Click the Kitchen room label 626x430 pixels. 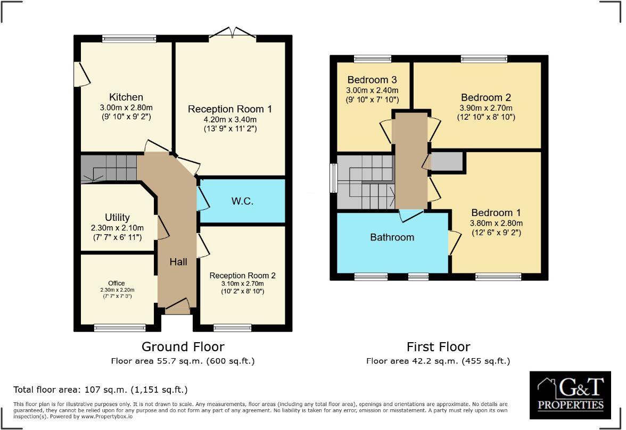click(x=126, y=97)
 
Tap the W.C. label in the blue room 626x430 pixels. click(x=242, y=201)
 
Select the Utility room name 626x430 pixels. click(x=117, y=217)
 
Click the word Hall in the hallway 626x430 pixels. click(x=178, y=261)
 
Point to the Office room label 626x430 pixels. click(x=116, y=283)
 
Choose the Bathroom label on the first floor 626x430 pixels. click(x=392, y=237)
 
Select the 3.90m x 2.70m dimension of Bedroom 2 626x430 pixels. click(x=485, y=107)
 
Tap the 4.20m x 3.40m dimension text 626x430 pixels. click(x=230, y=119)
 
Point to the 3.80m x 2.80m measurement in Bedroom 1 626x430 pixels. click(x=496, y=223)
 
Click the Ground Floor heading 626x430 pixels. click(x=183, y=347)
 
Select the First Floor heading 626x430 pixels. click(x=438, y=347)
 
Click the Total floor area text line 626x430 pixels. click(x=100, y=390)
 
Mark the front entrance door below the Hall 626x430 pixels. click(x=178, y=305)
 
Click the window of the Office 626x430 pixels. click(x=120, y=327)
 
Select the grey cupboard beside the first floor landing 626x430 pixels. click(x=446, y=161)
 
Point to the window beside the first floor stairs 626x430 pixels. click(x=334, y=178)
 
